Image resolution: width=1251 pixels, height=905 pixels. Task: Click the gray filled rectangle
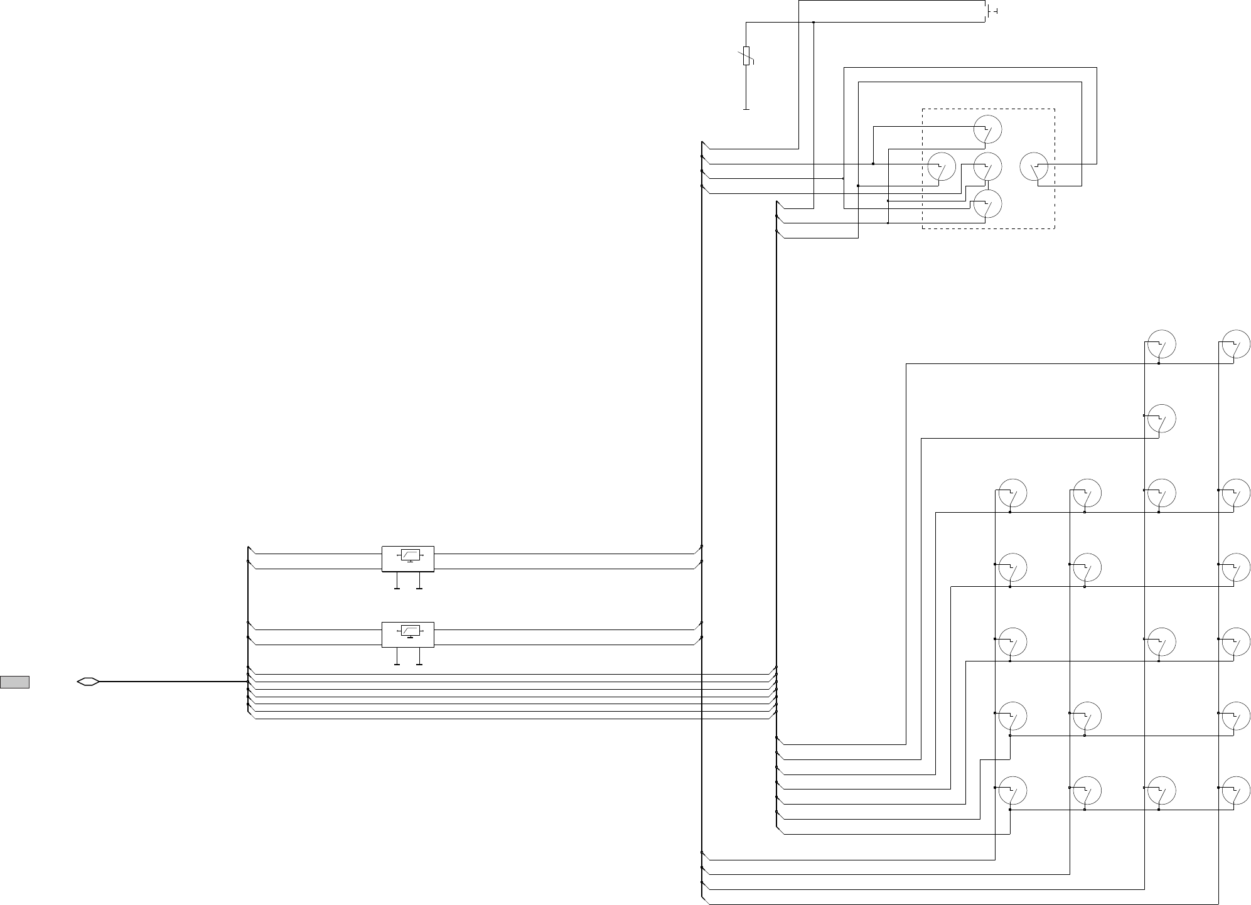click(14, 682)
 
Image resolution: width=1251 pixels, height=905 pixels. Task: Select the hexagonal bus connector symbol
click(88, 681)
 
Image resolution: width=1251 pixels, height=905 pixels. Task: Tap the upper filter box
click(407, 559)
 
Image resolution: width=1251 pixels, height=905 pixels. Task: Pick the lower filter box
click(407, 634)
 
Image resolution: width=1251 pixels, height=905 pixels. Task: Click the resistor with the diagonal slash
click(746, 55)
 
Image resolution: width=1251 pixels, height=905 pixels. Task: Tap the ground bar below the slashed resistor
click(746, 109)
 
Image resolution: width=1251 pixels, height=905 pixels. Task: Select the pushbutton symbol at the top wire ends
click(990, 11)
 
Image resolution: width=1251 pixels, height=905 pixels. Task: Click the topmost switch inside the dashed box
click(987, 129)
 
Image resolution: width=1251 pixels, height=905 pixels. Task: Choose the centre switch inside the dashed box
click(987, 166)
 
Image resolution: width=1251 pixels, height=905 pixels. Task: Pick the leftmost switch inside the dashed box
click(942, 166)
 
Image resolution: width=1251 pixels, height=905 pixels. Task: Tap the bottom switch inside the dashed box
click(987, 204)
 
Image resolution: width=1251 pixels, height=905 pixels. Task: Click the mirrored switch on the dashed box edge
click(1034, 166)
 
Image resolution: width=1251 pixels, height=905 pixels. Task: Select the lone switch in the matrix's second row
click(1161, 419)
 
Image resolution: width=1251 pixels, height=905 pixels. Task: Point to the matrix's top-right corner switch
click(1235, 345)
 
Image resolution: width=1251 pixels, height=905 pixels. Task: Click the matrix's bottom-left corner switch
click(1012, 790)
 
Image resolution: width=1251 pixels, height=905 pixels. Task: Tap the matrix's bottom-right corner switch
click(1235, 790)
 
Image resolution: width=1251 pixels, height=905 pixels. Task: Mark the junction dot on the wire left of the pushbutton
click(813, 23)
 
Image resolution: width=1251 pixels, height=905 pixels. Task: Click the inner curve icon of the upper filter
click(410, 555)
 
